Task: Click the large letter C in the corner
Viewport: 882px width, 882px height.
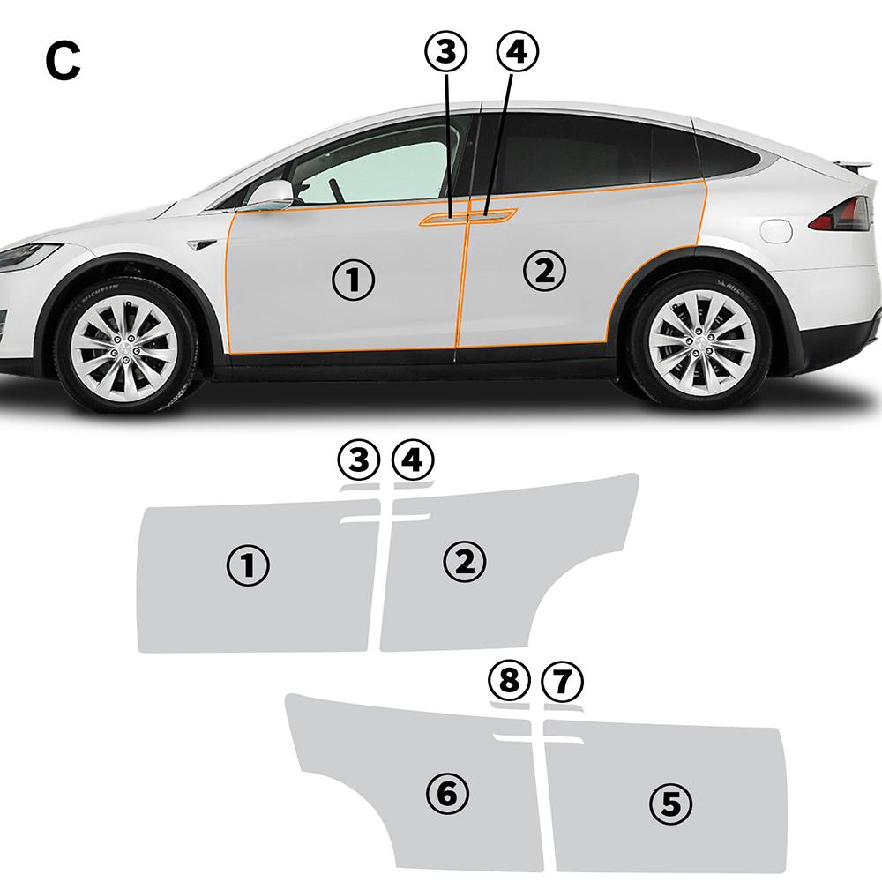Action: point(62,61)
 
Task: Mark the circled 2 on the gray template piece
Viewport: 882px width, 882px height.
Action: point(466,559)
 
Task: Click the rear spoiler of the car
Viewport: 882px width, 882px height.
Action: point(856,165)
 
